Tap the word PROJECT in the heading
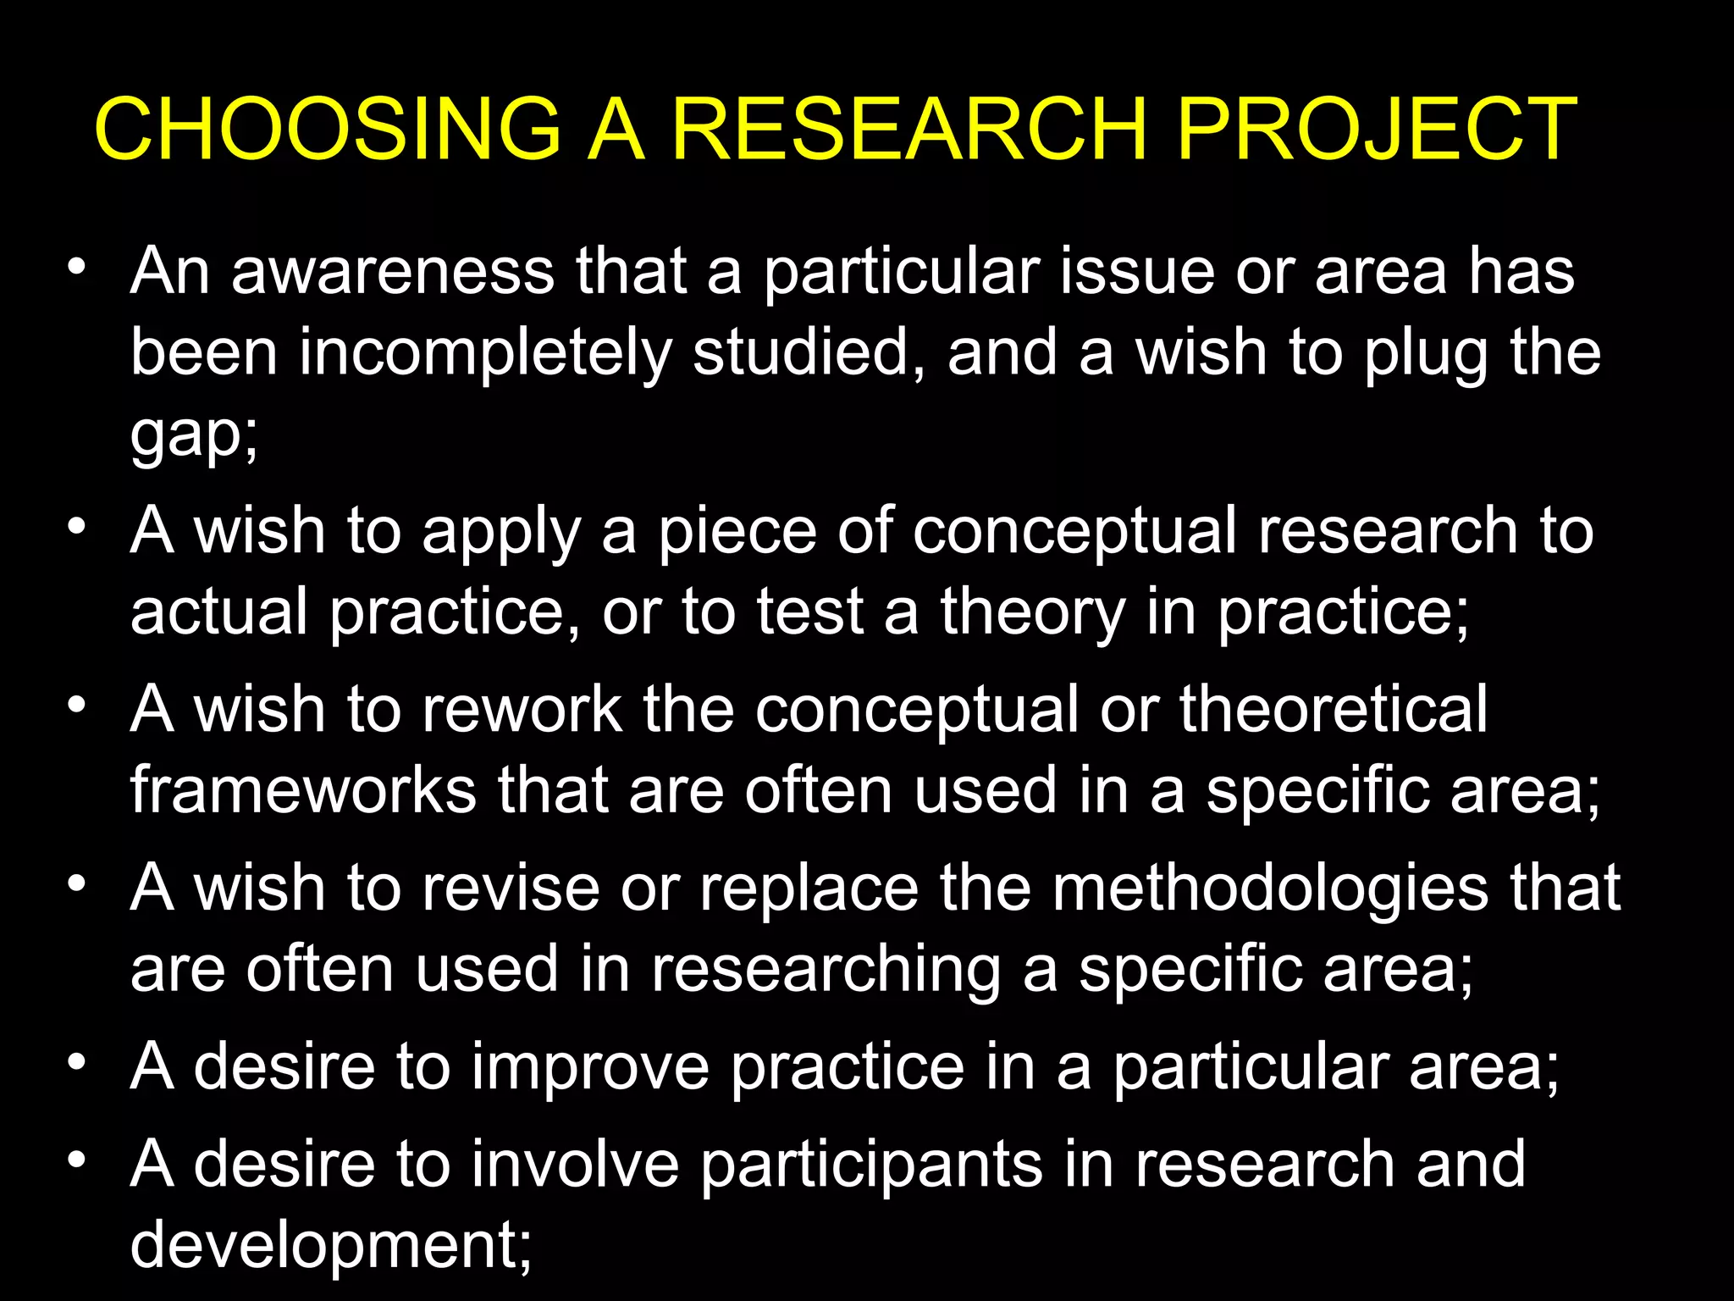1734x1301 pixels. click(1377, 129)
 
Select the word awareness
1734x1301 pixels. click(393, 271)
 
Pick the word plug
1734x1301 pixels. click(1426, 354)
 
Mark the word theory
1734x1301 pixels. click(1033, 612)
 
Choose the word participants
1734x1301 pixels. click(872, 1165)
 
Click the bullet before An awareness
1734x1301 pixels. click(78, 268)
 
